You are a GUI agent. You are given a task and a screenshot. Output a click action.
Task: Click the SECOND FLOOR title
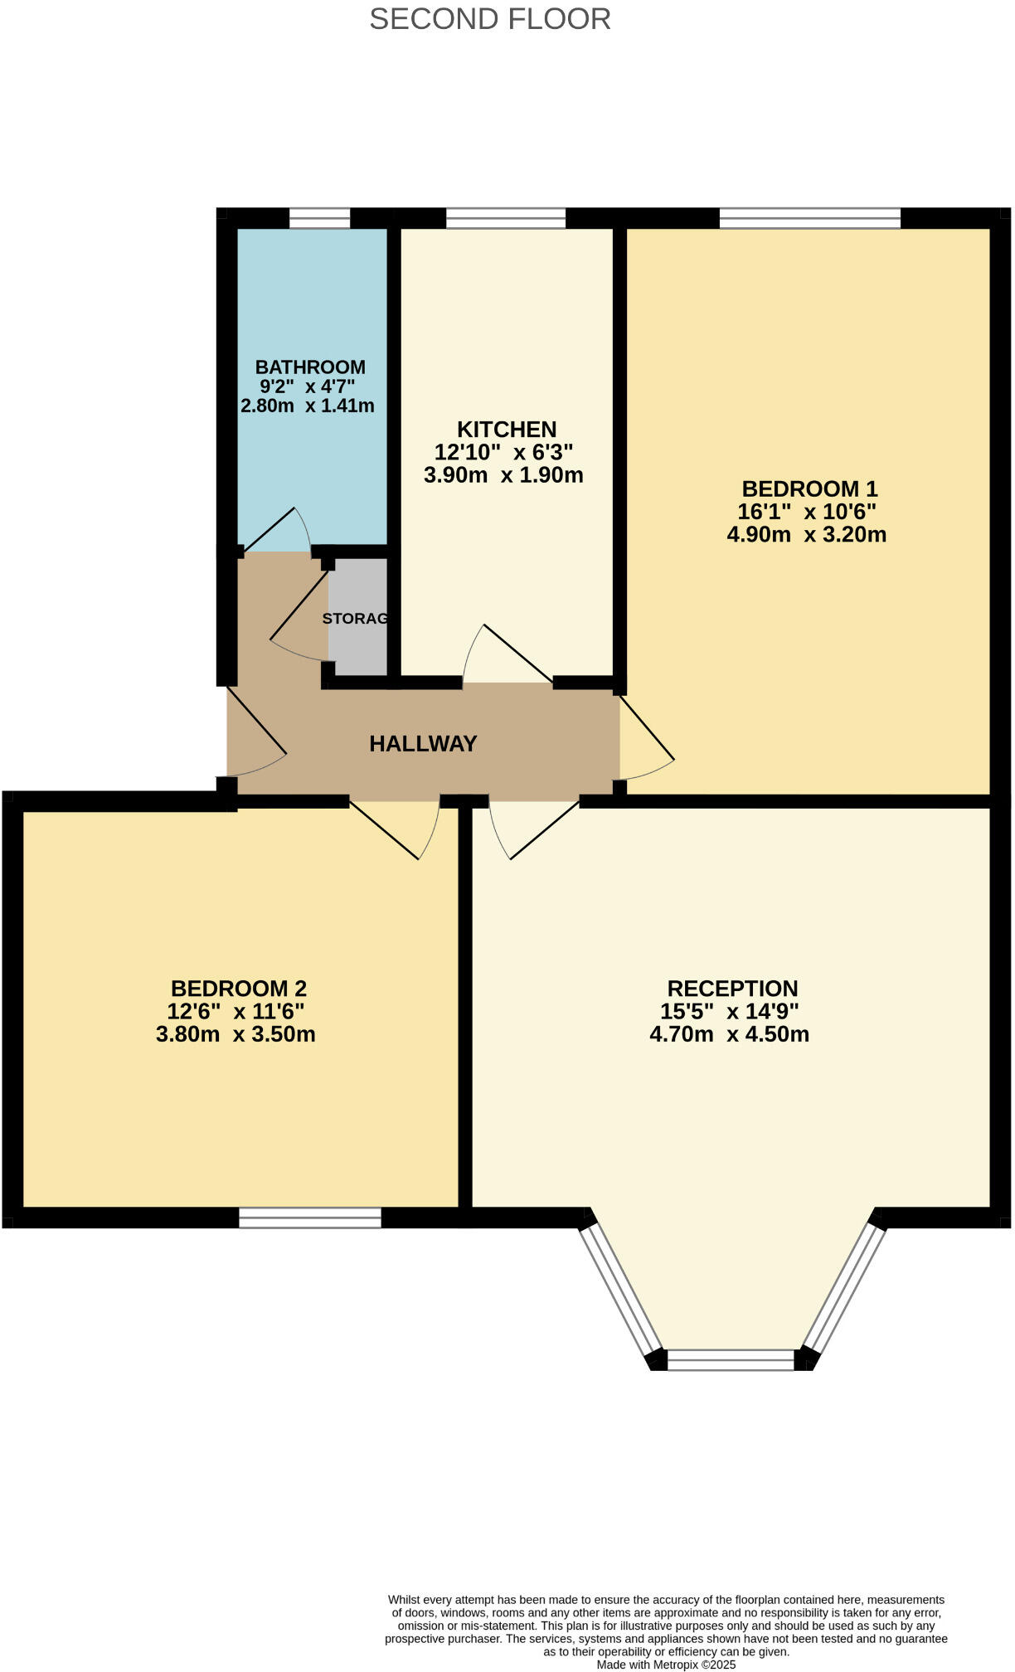pyautogui.click(x=489, y=19)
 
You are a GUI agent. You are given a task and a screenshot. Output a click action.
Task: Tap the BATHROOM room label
pyautogui.click(x=310, y=367)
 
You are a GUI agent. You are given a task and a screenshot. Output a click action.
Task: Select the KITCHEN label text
pyautogui.click(x=507, y=430)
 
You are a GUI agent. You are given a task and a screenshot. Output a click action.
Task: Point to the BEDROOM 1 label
pyautogui.click(x=809, y=488)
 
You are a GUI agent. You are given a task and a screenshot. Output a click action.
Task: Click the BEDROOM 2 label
pyautogui.click(x=239, y=989)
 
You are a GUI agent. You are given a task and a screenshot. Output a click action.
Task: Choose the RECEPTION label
pyautogui.click(x=732, y=989)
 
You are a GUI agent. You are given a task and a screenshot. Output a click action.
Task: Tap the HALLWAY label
pyautogui.click(x=423, y=744)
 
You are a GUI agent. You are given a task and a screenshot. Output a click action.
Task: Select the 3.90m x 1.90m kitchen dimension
pyautogui.click(x=503, y=475)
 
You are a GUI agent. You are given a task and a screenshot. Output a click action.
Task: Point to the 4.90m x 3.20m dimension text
pyautogui.click(x=806, y=535)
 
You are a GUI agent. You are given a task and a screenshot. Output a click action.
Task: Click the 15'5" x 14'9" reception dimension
pyautogui.click(x=729, y=1012)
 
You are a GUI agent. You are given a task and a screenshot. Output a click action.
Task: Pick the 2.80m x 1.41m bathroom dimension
pyautogui.click(x=308, y=406)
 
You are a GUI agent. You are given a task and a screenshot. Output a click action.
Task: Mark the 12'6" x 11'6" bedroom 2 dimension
pyautogui.click(x=236, y=1012)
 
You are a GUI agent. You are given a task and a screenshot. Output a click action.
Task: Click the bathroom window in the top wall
pyautogui.click(x=319, y=218)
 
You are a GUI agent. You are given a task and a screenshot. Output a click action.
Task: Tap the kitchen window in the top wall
pyautogui.click(x=506, y=218)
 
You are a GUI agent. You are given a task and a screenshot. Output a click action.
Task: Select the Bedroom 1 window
pyautogui.click(x=809, y=218)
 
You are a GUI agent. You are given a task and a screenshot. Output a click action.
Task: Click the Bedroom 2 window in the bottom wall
pyautogui.click(x=310, y=1218)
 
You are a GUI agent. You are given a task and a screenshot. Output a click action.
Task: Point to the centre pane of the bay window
pyautogui.click(x=731, y=1360)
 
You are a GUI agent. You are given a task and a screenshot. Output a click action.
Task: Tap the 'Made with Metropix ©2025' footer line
pyautogui.click(x=666, y=1665)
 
